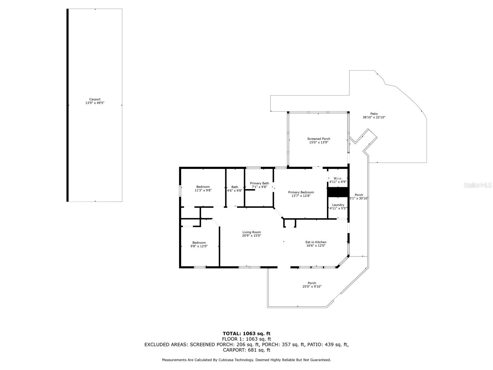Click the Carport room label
[95, 99]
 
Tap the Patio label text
[374, 114]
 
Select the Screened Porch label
[319, 139]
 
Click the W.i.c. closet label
[338, 179]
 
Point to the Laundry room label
[338, 205]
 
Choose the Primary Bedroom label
[301, 192]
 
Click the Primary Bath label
[259, 183]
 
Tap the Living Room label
[251, 232]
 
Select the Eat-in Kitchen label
[316, 242]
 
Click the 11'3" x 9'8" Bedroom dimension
[203, 190]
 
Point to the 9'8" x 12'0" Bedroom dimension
[199, 246]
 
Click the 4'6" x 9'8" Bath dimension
[234, 191]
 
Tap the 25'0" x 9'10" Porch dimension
[312, 286]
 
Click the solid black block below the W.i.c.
[338, 192]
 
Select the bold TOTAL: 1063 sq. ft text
[246, 334]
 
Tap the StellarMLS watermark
[478, 185]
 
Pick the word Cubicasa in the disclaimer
[226, 360]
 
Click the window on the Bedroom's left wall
[180, 191]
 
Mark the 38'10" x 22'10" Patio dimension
[374, 117]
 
